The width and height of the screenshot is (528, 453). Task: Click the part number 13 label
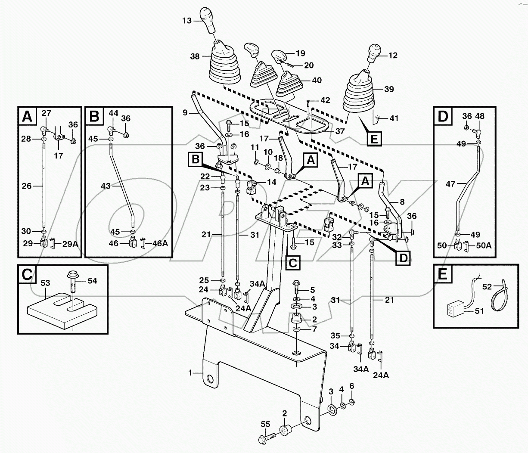tap(186, 21)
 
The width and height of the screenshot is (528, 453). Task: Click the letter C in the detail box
tap(27, 275)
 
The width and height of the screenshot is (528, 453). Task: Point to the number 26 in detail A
tap(27, 186)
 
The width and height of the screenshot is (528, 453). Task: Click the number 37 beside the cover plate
tap(340, 131)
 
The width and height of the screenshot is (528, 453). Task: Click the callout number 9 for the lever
tap(185, 113)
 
